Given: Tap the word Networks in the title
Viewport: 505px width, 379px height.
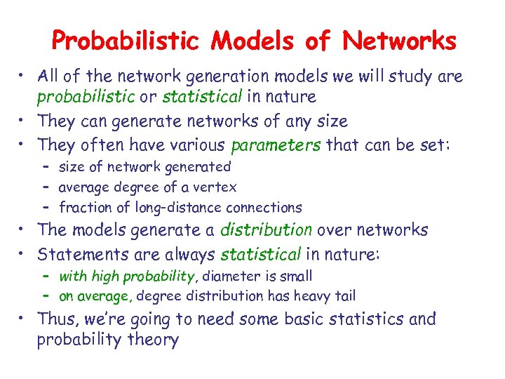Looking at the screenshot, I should pyautogui.click(x=399, y=41).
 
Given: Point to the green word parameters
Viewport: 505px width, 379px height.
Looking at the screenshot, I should pyautogui.click(x=275, y=145).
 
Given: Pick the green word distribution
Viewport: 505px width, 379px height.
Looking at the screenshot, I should pyautogui.click(x=267, y=230).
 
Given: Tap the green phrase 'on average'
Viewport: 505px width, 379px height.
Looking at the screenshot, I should pyautogui.click(x=92, y=296).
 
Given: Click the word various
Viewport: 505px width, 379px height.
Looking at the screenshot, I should pyautogui.click(x=196, y=145).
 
